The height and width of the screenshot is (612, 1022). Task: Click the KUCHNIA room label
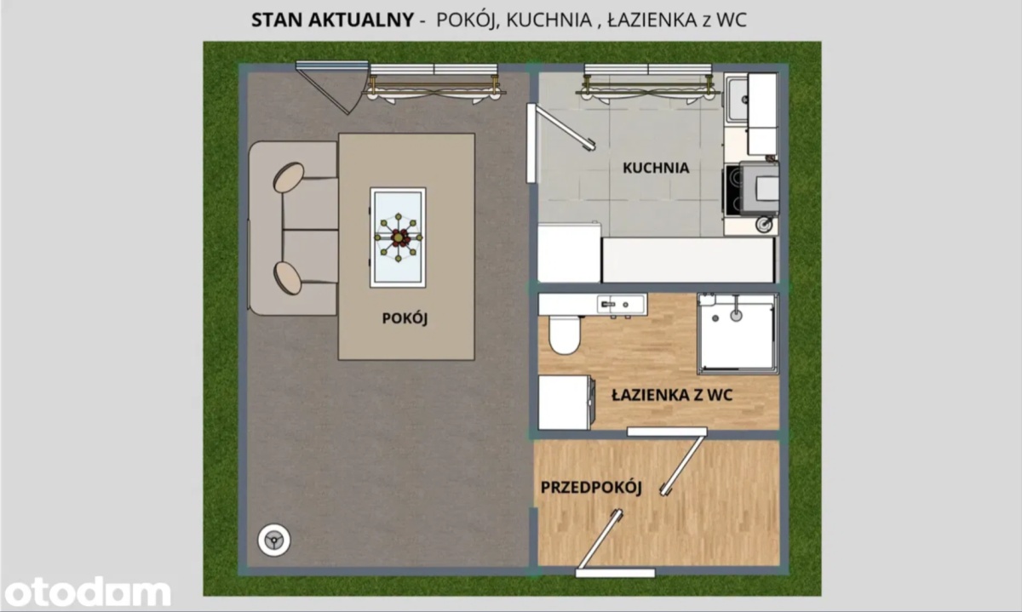[x=656, y=168]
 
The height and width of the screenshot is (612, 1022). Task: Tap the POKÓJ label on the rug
[x=405, y=318]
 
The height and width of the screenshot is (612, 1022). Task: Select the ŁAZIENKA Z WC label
[x=672, y=395]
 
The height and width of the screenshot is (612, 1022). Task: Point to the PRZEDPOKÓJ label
[x=591, y=487]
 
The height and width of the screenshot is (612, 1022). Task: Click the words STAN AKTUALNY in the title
[x=333, y=20]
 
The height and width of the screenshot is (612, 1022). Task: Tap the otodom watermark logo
[x=87, y=592]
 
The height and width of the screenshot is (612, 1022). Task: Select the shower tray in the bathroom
[x=738, y=334]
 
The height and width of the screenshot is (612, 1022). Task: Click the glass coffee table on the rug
[x=398, y=237]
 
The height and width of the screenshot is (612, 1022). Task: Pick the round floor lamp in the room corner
[x=273, y=541]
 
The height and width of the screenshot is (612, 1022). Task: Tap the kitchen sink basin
[x=737, y=99]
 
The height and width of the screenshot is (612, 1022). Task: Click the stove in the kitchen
[x=750, y=188]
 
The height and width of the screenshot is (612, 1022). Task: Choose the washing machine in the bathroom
[x=566, y=403]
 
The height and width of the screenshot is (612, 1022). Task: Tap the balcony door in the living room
[x=332, y=88]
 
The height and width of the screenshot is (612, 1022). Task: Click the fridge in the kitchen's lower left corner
[x=569, y=252]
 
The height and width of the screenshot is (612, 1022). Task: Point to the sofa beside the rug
[x=293, y=228]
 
